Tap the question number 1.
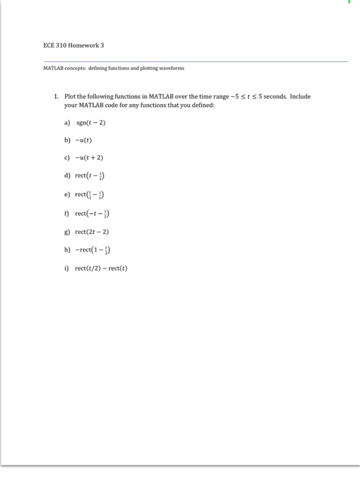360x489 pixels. tap(56, 97)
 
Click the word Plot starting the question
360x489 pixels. tap(70, 97)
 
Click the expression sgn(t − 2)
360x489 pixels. tap(91, 122)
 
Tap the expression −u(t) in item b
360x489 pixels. tap(86, 140)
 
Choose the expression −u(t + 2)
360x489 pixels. tap(90, 157)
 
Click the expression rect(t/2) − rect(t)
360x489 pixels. tap(102, 268)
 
